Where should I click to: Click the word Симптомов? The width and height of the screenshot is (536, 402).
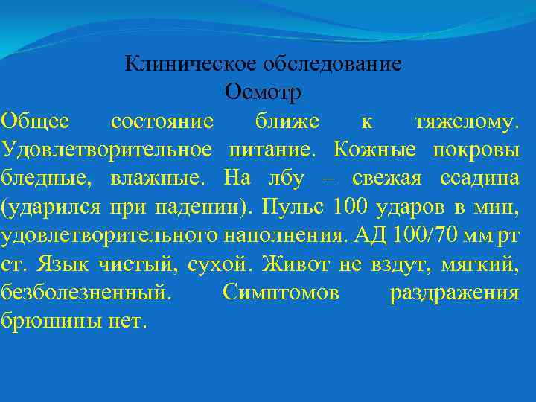pyautogui.click(x=281, y=293)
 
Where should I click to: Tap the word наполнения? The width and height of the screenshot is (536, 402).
pyautogui.click(x=283, y=235)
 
